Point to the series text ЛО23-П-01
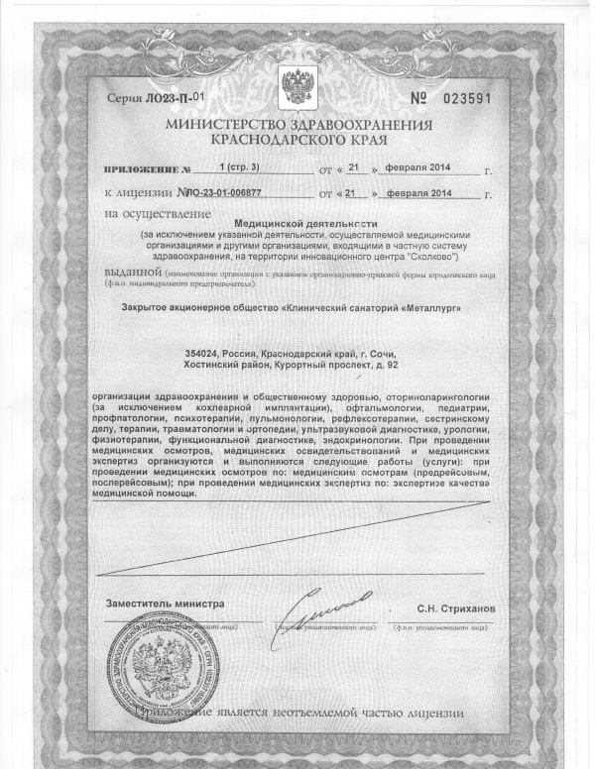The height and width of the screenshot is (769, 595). (x=170, y=98)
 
